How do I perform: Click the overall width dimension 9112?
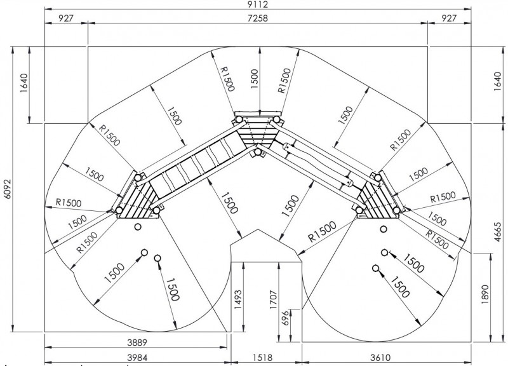point(258,4)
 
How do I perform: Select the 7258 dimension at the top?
point(258,18)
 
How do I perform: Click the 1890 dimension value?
point(485,294)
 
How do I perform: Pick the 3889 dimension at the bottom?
point(137,342)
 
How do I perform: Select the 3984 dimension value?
point(137,358)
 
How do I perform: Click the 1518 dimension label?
point(262,358)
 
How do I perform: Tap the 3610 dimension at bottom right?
point(380,358)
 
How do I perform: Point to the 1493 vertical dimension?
point(238,299)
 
